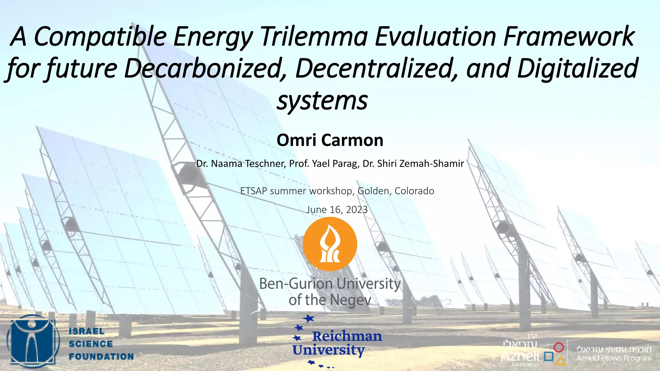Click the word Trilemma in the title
coord(314,37)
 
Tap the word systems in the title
coord(322,100)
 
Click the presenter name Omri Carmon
coord(330,140)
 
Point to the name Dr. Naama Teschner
coord(240,164)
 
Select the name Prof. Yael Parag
coord(324,164)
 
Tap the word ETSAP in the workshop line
coord(254,191)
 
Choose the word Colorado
coord(414,191)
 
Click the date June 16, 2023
coord(337,210)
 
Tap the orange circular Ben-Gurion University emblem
coord(330,244)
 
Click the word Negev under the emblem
coord(350,300)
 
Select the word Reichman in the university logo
coord(347,337)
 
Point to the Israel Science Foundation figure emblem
coord(33,341)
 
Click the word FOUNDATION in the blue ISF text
coord(101,357)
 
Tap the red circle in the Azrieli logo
coord(558,347)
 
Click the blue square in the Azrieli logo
coord(548,356)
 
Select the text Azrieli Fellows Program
coord(614,358)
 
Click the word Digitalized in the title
coord(577,68)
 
